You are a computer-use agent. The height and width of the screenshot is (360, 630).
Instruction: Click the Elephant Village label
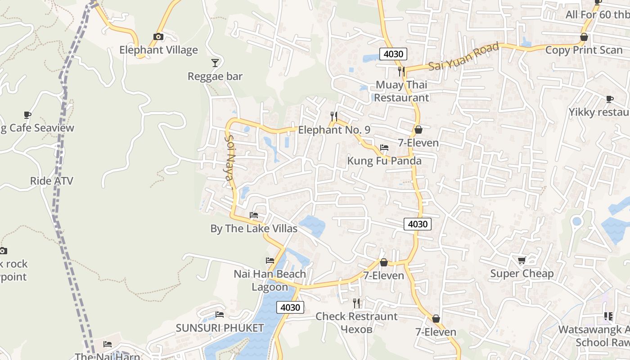tap(158, 50)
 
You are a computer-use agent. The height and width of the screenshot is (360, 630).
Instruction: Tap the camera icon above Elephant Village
tap(158, 36)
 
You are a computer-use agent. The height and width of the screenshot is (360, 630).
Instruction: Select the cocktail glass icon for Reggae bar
tap(215, 63)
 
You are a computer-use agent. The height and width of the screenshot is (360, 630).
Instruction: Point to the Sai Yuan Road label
tap(463, 56)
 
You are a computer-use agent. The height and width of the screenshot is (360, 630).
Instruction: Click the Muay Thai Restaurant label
tap(401, 91)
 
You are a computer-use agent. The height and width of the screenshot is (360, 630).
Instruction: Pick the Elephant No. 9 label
tap(334, 130)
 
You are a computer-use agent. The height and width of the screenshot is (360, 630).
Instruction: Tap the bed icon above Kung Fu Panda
tap(384, 147)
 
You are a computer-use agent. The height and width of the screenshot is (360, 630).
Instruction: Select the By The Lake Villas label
tap(254, 229)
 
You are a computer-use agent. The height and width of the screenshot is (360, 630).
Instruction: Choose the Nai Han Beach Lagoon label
tap(270, 280)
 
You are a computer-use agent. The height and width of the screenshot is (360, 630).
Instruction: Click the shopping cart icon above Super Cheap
tap(522, 260)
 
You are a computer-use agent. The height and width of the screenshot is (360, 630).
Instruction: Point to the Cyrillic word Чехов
tap(356, 329)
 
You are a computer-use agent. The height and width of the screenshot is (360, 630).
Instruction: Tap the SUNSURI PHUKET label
tap(220, 328)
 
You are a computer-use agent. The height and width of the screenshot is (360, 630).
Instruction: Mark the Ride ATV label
tap(51, 181)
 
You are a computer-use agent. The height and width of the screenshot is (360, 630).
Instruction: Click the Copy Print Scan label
tap(584, 50)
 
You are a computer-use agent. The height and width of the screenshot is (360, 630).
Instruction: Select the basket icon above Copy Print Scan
tap(584, 37)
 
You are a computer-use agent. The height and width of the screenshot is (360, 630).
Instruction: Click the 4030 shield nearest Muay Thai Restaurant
tap(393, 54)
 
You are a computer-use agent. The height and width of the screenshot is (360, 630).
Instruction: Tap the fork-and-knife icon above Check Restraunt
tap(356, 303)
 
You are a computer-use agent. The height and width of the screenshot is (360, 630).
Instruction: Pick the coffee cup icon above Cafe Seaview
tap(27, 115)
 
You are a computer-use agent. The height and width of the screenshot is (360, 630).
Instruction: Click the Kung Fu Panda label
tap(384, 161)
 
